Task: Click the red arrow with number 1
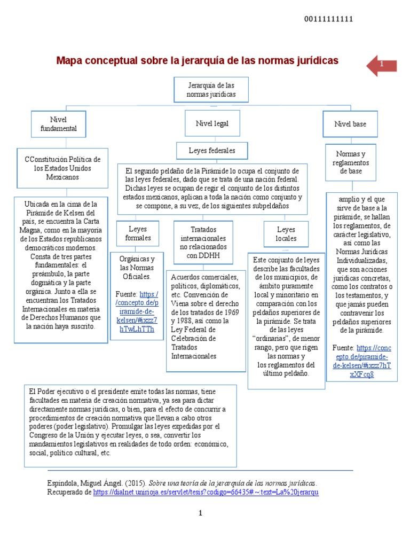[x=382, y=65]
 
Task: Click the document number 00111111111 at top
[x=328, y=19]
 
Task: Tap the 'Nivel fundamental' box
[x=59, y=124]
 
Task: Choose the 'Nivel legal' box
[x=212, y=123]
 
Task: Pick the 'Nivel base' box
[x=350, y=124]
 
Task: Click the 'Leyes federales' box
[x=211, y=151]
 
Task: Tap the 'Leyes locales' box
[x=286, y=233]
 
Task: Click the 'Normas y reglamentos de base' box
[x=351, y=162]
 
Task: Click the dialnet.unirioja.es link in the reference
[x=206, y=492]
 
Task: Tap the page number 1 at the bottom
[x=201, y=513]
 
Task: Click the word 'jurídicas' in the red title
[x=314, y=61]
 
